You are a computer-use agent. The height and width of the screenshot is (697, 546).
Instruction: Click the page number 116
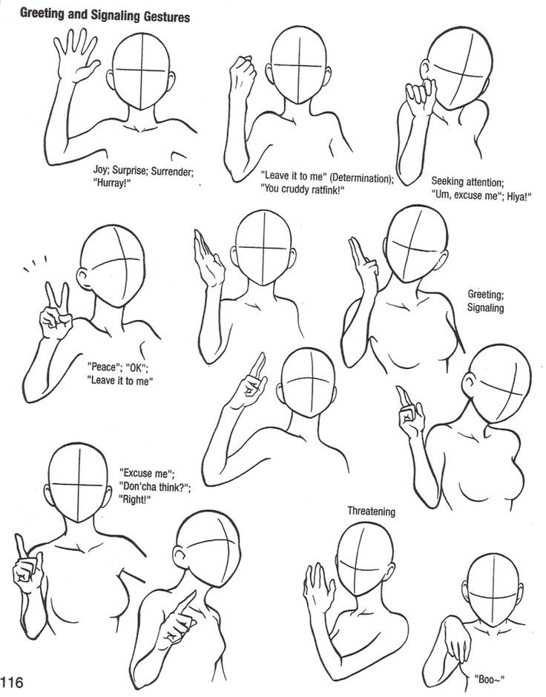click(x=13, y=682)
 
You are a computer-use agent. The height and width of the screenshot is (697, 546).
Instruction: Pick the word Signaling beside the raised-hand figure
click(x=486, y=307)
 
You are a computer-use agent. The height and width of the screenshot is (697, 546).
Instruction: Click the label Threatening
click(x=372, y=511)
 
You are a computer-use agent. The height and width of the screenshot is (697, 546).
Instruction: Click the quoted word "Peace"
click(x=101, y=366)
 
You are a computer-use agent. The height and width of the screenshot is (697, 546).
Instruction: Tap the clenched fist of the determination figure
click(x=242, y=74)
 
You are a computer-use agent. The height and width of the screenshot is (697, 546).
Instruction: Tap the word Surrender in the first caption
click(x=171, y=171)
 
